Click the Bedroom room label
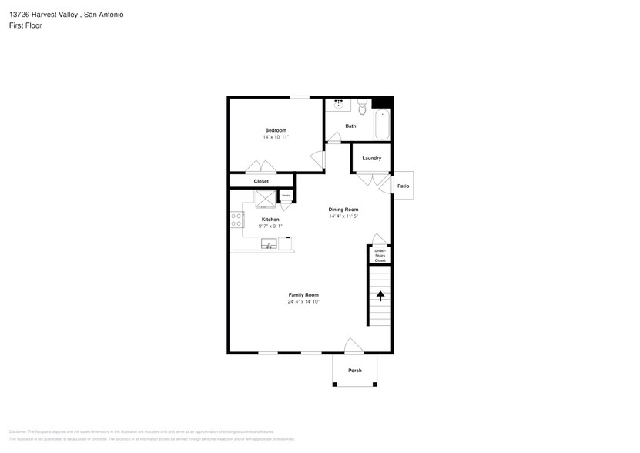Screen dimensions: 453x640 (276, 130)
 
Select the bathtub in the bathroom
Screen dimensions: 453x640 (382, 124)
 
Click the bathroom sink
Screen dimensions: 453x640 (340, 104)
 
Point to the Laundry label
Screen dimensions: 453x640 (372, 159)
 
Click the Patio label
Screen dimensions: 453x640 (403, 186)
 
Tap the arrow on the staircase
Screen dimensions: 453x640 (380, 295)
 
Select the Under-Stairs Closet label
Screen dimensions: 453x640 (380, 256)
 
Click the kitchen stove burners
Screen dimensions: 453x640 (236, 220)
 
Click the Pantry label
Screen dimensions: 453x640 (286, 196)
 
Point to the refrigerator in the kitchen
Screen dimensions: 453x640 (265, 199)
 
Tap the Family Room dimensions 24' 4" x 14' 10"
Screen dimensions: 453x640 (303, 302)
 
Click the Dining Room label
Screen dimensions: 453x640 (343, 210)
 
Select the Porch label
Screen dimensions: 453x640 (355, 371)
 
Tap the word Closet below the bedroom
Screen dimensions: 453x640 (261, 181)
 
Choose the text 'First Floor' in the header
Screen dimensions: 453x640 (25, 25)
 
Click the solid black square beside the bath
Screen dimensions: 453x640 (382, 102)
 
